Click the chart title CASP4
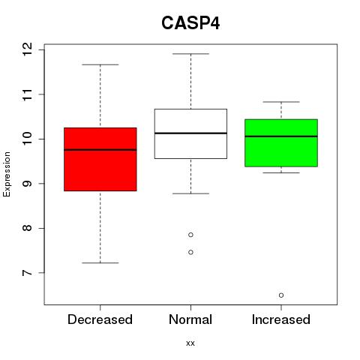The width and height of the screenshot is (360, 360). pyautogui.click(x=190, y=23)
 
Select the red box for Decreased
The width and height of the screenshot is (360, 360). pyautogui.click(x=100, y=159)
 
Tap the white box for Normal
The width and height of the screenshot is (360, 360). pyautogui.click(x=190, y=133)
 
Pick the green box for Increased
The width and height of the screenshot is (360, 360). pyautogui.click(x=281, y=143)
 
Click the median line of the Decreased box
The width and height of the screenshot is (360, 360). pyautogui.click(x=100, y=150)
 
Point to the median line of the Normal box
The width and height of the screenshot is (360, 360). pyautogui.click(x=190, y=133)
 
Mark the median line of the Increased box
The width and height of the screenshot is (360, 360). pyautogui.click(x=281, y=136)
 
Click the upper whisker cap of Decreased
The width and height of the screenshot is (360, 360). pyautogui.click(x=100, y=64)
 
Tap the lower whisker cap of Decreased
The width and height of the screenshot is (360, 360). pyautogui.click(x=100, y=262)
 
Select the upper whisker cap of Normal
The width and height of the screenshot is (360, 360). pyautogui.click(x=190, y=54)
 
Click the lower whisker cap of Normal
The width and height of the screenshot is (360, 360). pyautogui.click(x=190, y=193)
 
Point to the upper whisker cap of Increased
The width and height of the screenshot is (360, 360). pyautogui.click(x=281, y=102)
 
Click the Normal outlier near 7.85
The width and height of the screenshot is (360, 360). pyautogui.click(x=190, y=235)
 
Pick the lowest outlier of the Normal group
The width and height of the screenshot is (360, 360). pyautogui.click(x=190, y=252)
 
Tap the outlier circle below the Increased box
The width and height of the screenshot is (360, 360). pyautogui.click(x=281, y=295)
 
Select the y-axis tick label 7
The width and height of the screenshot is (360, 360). pyautogui.click(x=28, y=272)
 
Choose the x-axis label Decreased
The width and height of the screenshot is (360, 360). pyautogui.click(x=100, y=319)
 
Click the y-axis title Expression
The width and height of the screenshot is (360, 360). pyautogui.click(x=7, y=174)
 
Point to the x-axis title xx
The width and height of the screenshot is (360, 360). pyautogui.click(x=190, y=343)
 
